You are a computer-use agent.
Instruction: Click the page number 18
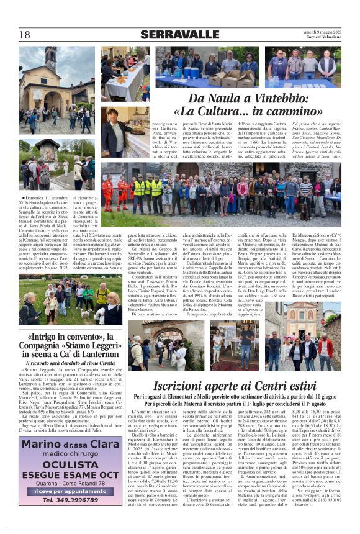click(x=24, y=34)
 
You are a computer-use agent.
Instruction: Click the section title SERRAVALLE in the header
click(x=179, y=35)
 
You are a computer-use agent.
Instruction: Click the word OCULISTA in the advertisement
click(x=71, y=463)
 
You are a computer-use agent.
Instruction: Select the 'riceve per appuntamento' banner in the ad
click(x=71, y=491)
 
